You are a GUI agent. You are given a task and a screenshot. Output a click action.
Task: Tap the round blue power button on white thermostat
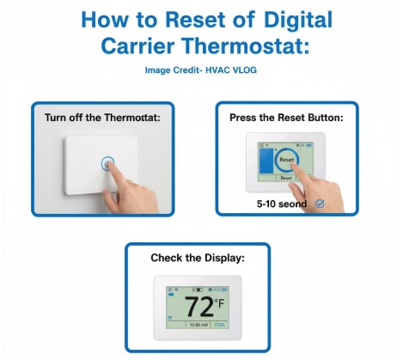tap(107, 162)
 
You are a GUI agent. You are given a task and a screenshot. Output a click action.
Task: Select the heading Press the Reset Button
tap(285, 117)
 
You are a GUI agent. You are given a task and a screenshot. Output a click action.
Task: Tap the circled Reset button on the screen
tap(286, 160)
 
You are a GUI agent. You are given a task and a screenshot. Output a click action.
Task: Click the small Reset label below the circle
tap(286, 178)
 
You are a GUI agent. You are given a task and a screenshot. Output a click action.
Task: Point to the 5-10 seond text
tap(281, 204)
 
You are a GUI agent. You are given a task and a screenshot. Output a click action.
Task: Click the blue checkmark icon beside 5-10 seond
tap(320, 204)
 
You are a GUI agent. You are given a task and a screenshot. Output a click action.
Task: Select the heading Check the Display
tap(198, 258)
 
